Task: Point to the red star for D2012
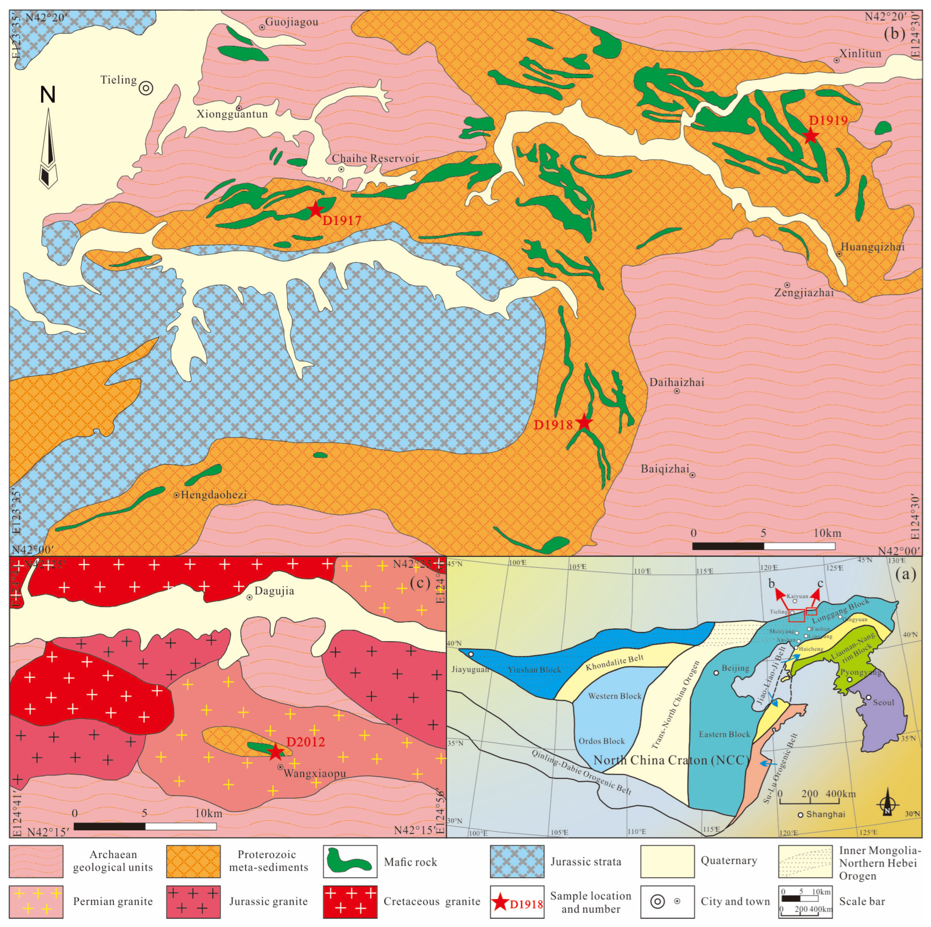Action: click(275, 751)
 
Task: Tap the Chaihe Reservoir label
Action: click(375, 159)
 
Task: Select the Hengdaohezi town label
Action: click(214, 495)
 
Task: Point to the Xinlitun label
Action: click(860, 54)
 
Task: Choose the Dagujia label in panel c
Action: click(274, 591)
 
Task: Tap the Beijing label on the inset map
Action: click(735, 668)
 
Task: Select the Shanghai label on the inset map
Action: click(826, 815)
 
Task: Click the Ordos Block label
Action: click(602, 741)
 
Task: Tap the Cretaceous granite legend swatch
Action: click(350, 902)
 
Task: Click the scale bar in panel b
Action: click(763, 546)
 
